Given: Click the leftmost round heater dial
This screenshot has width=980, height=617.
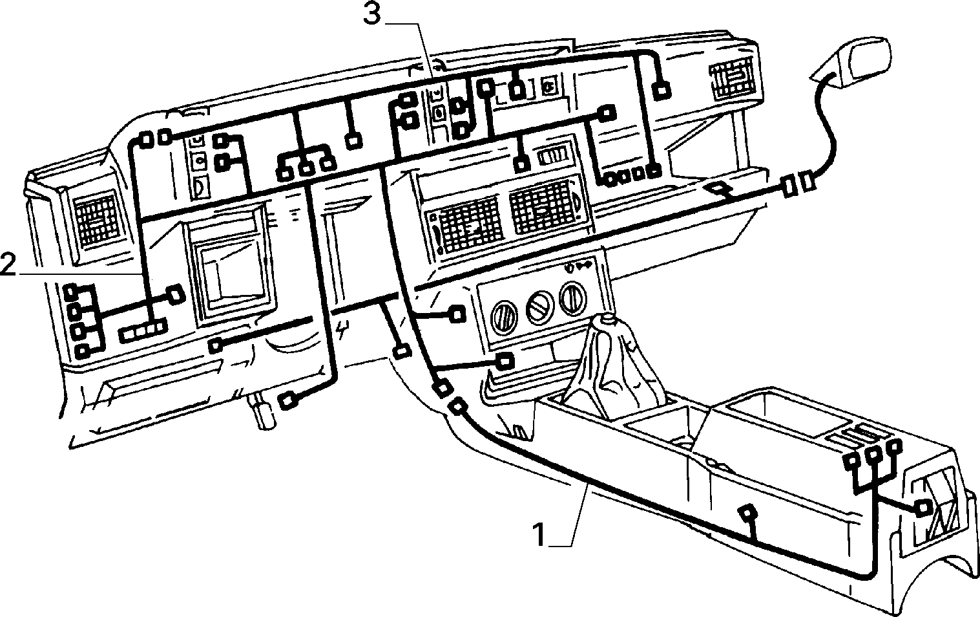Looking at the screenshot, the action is point(503,318).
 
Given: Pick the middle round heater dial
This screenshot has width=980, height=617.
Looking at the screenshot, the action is point(539,308).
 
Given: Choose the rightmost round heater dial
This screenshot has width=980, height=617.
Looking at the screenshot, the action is point(573,298).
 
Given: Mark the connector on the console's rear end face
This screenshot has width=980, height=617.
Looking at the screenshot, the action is point(924,508).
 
